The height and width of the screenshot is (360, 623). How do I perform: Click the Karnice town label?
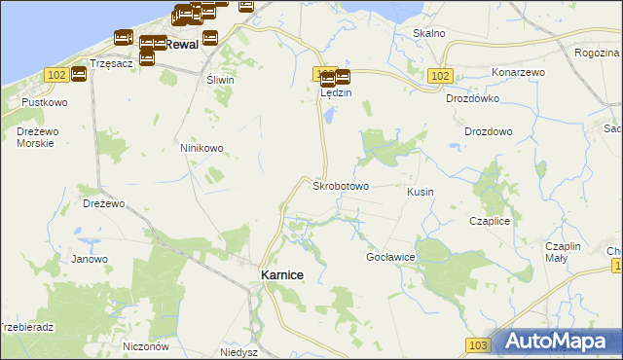point(281,275)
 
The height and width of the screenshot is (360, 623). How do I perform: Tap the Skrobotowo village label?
point(340,185)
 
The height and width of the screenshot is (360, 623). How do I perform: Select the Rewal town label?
point(182,45)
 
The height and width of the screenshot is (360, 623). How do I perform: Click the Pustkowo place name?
point(44,101)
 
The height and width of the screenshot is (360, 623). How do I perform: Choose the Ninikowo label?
point(202,148)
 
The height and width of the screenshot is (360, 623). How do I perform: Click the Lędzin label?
point(335,93)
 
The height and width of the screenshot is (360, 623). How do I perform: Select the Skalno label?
point(428,33)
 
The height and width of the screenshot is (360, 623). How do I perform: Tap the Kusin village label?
point(421,193)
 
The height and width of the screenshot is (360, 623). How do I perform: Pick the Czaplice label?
point(490,221)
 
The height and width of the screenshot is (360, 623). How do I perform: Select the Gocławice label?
point(390,257)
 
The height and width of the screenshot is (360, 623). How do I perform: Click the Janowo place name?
point(90,259)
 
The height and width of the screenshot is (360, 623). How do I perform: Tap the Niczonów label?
point(147,346)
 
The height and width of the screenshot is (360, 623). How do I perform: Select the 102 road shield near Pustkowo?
point(55,75)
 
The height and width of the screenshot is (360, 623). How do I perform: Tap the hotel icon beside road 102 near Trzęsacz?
point(79,74)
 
